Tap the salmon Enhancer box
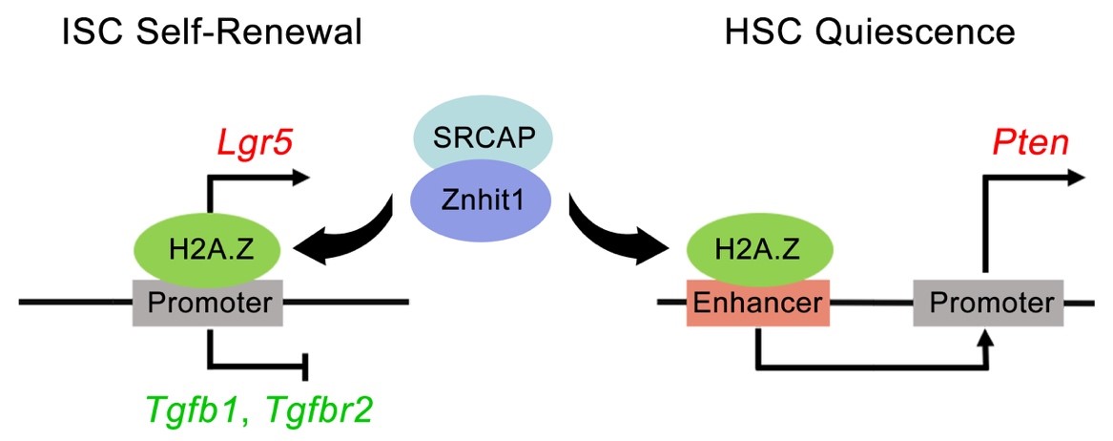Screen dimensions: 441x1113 (757, 304)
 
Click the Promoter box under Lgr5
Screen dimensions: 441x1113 (207, 304)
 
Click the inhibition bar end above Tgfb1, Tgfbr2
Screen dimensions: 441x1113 (305, 367)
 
